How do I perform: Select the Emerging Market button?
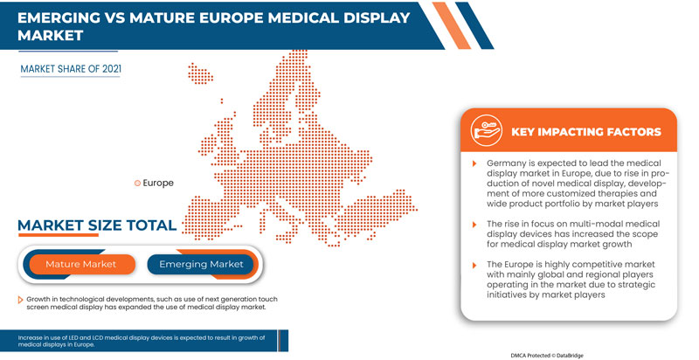coord(200,264)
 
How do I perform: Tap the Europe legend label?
coord(158,183)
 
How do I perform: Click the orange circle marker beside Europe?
coord(136,183)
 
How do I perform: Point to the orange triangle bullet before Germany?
coord(476,163)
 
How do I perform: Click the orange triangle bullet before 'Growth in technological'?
coord(21,298)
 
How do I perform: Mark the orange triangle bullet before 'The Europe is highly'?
coord(476,263)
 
